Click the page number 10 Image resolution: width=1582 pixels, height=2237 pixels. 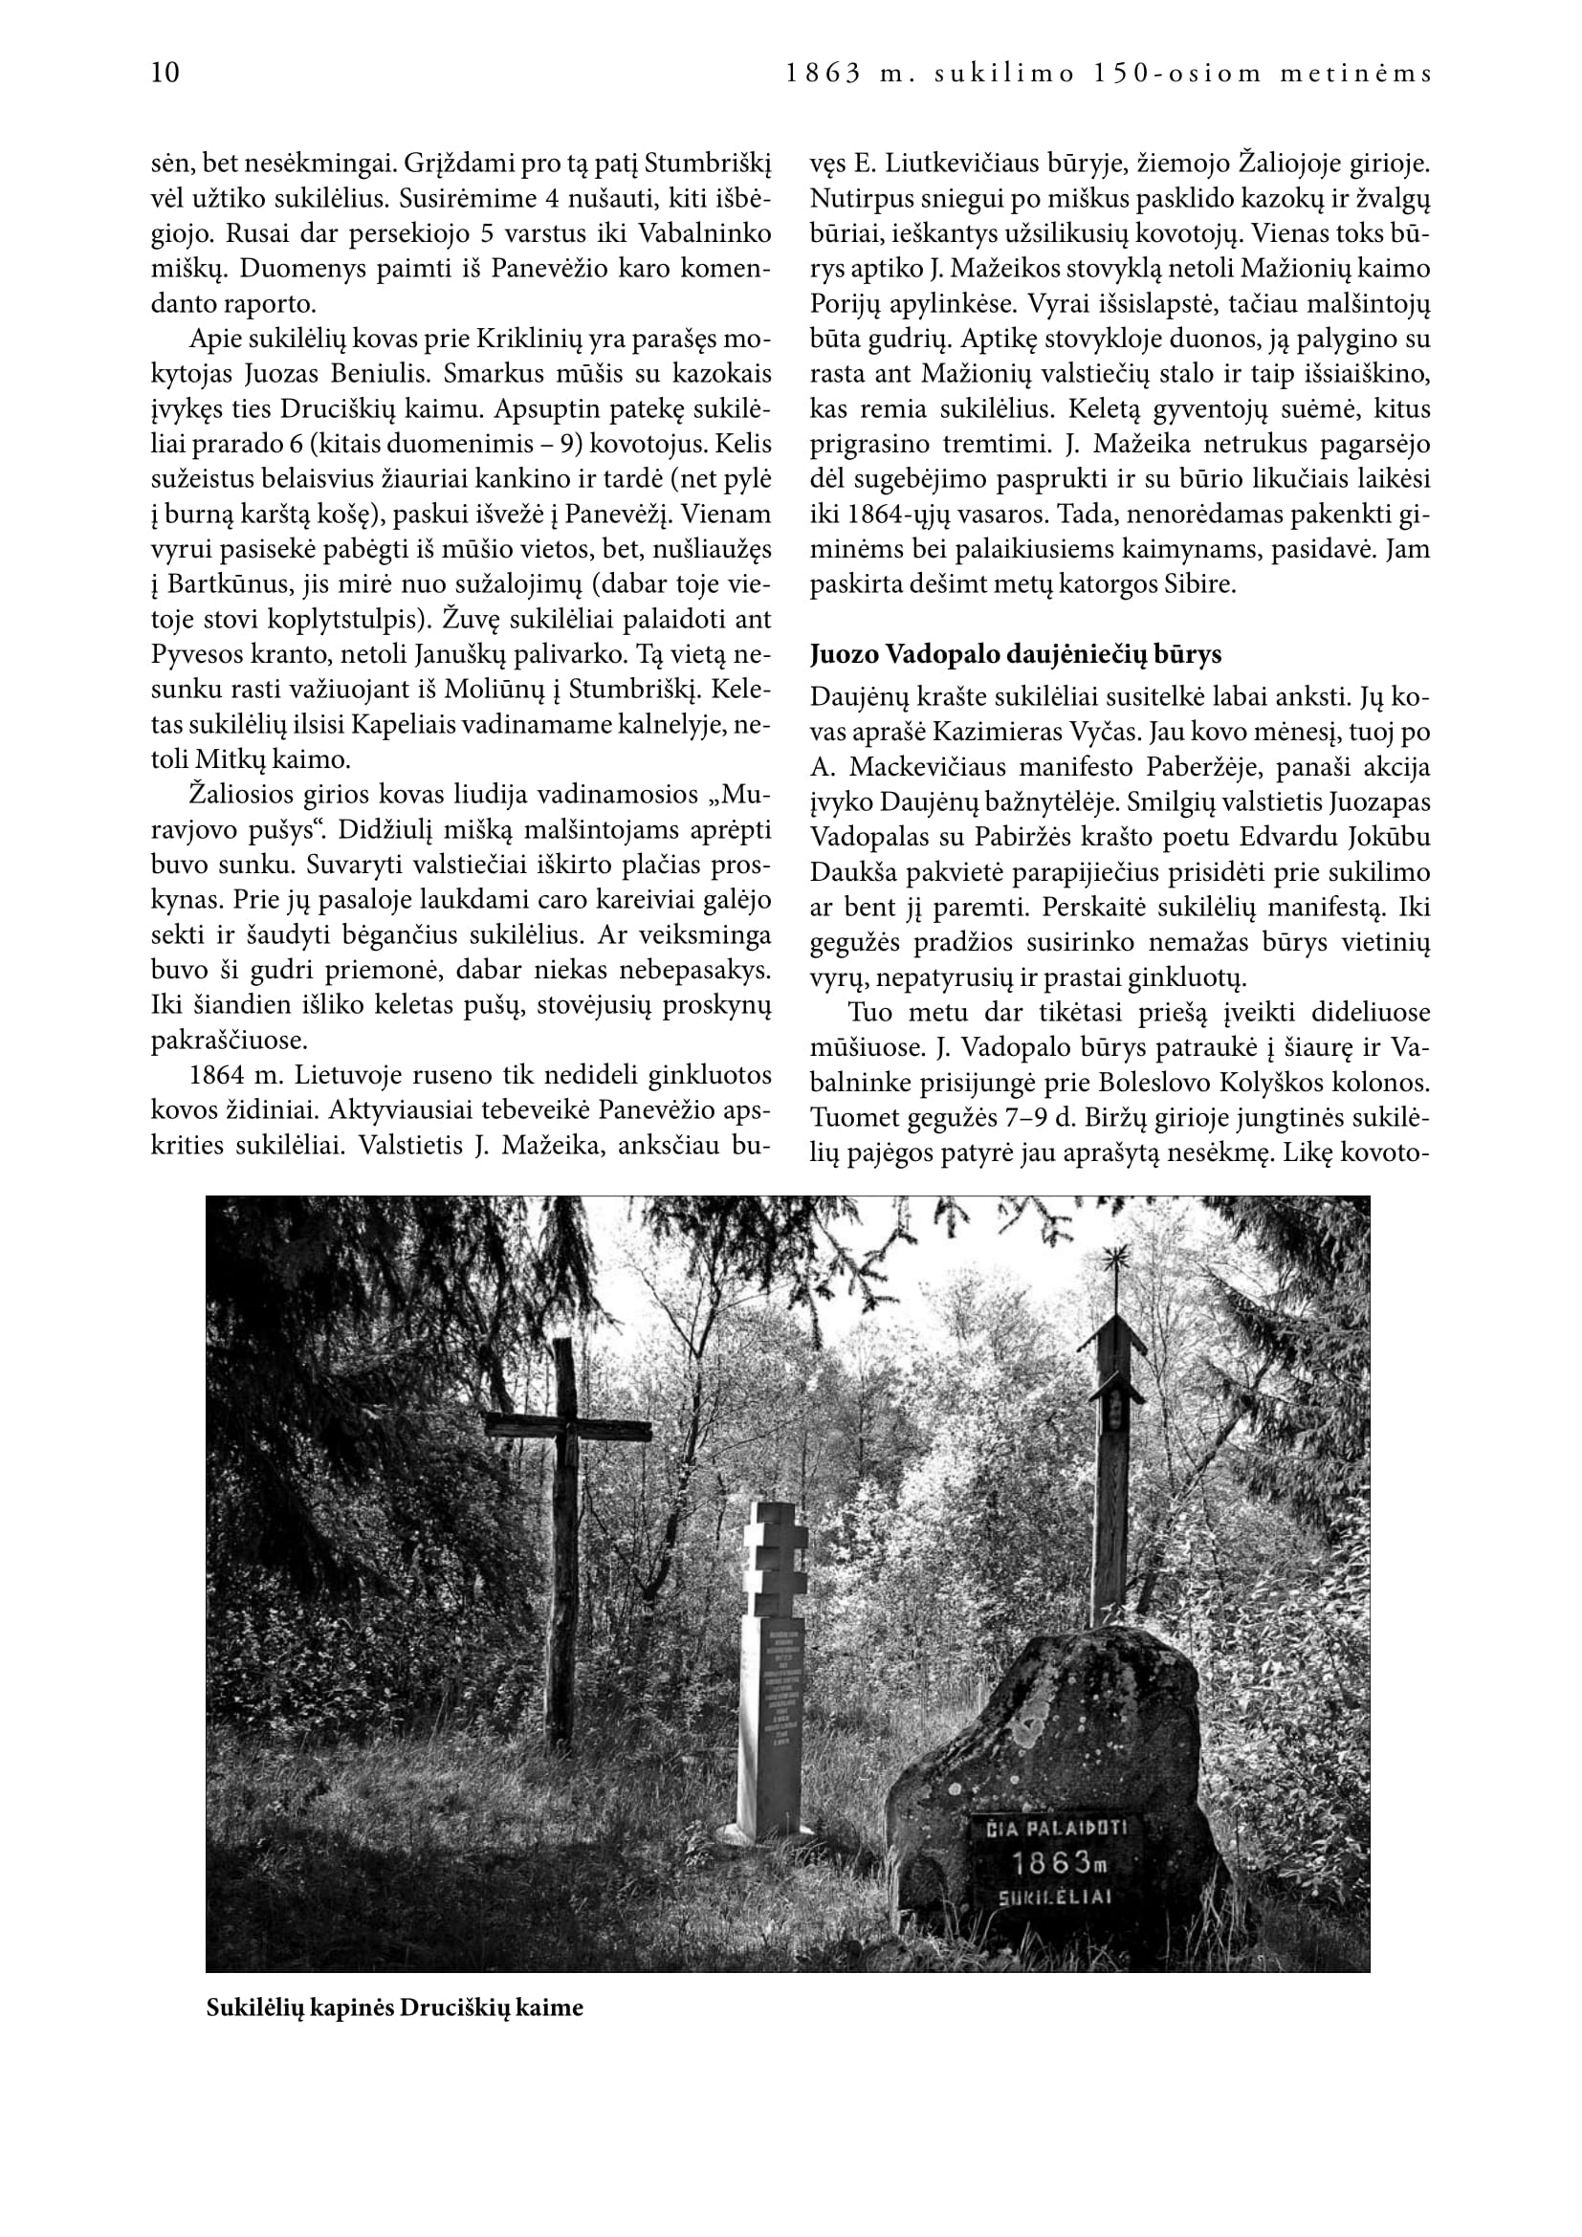165,73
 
